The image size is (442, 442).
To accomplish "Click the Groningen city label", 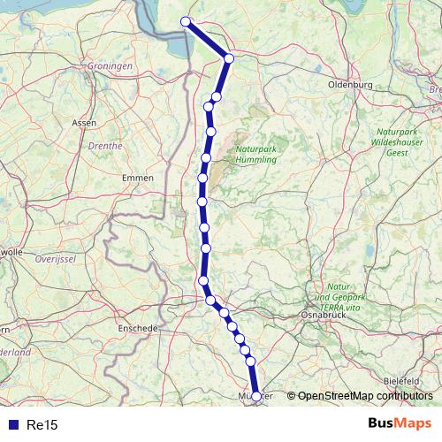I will pos(110,66).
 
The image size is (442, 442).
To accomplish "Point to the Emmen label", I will pos(138,178).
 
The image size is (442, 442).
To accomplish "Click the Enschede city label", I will pos(137,327).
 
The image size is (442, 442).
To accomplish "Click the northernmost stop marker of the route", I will pos(186,22).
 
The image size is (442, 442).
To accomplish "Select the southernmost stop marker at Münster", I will pos(256,397).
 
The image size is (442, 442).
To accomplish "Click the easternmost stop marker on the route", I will pos(256,397).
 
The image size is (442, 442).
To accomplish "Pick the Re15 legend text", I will pos(42,425).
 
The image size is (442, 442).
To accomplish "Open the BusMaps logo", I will pos(400,424).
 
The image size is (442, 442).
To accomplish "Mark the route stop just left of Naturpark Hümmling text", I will pos(206,158).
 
